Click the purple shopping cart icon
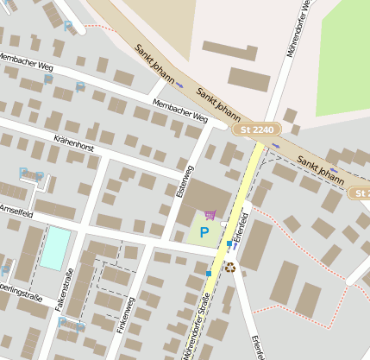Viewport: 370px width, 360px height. click(x=210, y=215)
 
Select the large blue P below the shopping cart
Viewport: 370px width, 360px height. click(x=204, y=232)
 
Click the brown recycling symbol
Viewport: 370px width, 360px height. click(x=230, y=268)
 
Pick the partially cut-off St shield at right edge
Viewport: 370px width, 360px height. click(x=360, y=193)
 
